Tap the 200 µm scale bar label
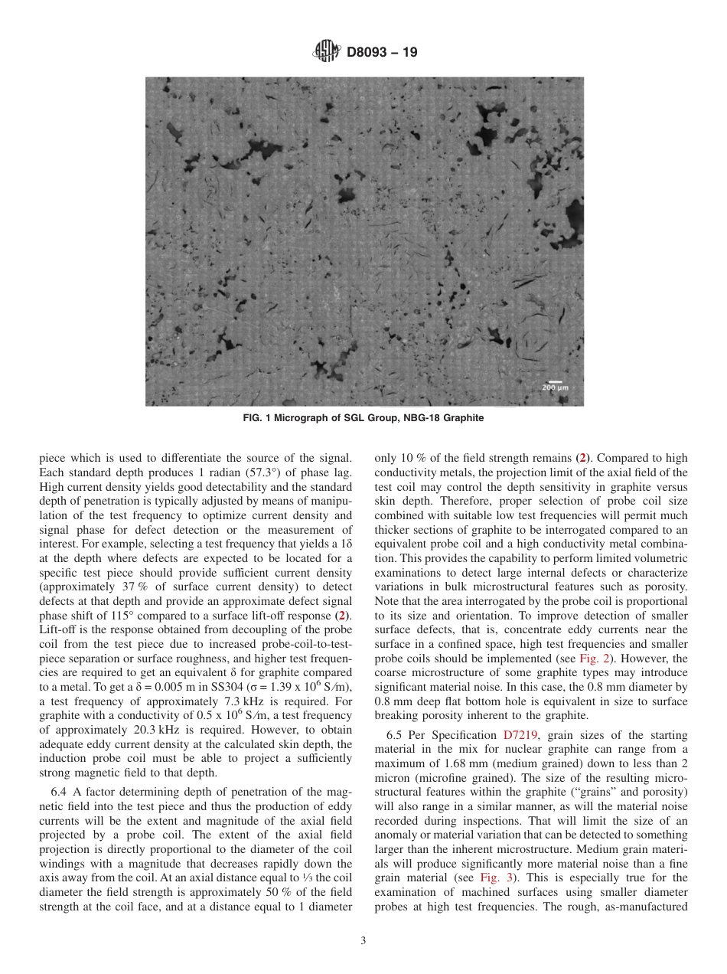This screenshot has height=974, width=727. pos(555,388)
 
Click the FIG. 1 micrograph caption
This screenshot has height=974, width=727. pos(363,419)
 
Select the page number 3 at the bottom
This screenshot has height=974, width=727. pos(363,941)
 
